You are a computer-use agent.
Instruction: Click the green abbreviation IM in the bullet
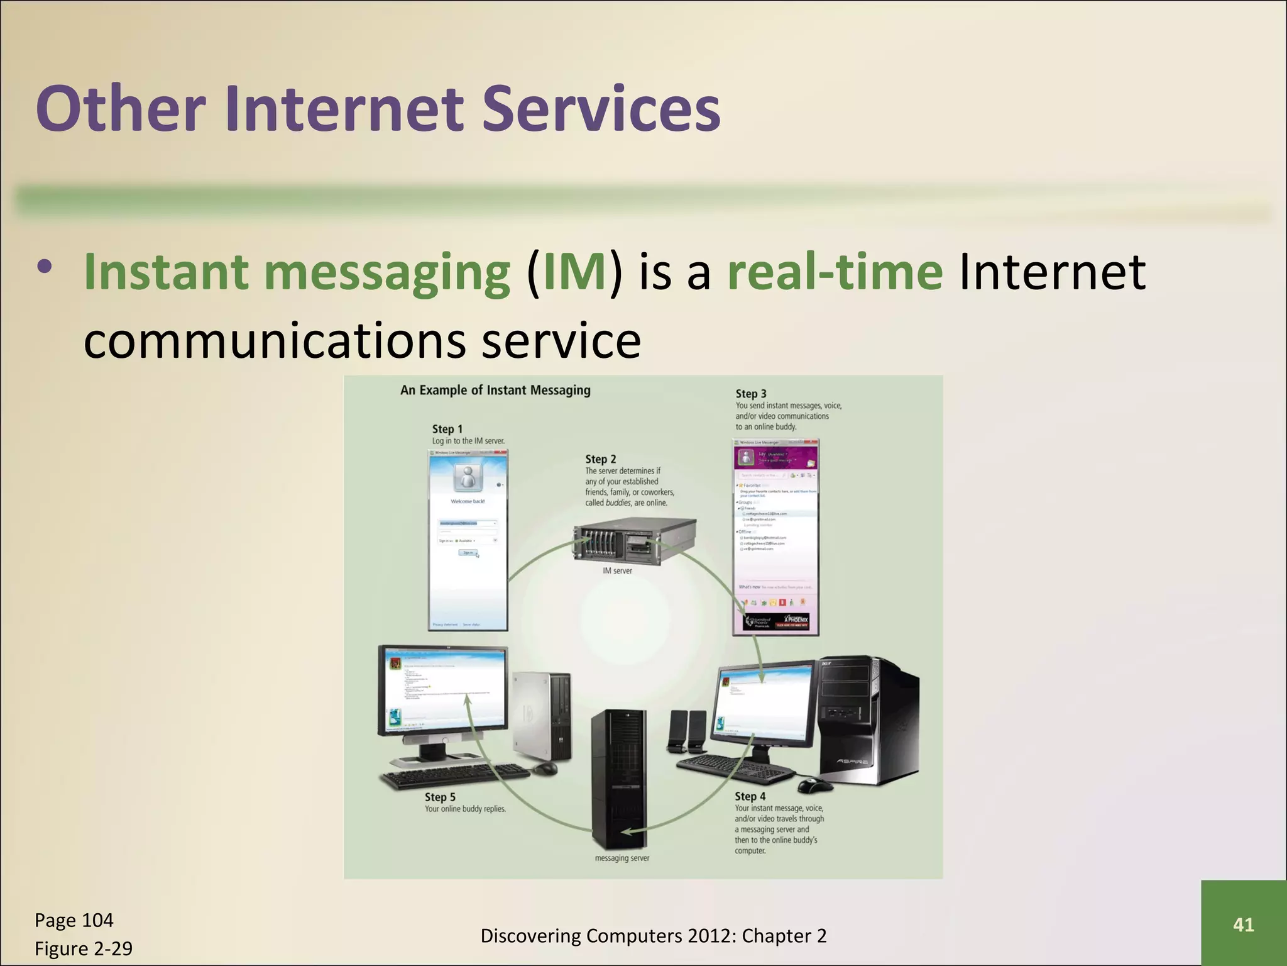click(574, 273)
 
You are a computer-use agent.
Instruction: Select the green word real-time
click(835, 273)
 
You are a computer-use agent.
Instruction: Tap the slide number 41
click(1243, 924)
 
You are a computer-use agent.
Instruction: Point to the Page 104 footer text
click(74, 920)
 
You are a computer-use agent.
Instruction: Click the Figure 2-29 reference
click(84, 948)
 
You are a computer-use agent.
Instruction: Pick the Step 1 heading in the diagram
click(447, 429)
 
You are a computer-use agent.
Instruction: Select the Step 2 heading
click(600, 459)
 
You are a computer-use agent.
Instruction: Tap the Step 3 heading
click(751, 394)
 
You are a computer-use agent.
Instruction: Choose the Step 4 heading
click(750, 796)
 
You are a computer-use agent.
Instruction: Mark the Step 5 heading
click(440, 797)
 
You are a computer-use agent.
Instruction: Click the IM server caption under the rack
click(617, 570)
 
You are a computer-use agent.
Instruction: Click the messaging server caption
click(622, 858)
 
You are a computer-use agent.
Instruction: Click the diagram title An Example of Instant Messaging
click(495, 390)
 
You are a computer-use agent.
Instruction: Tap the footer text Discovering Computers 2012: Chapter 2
click(654, 936)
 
